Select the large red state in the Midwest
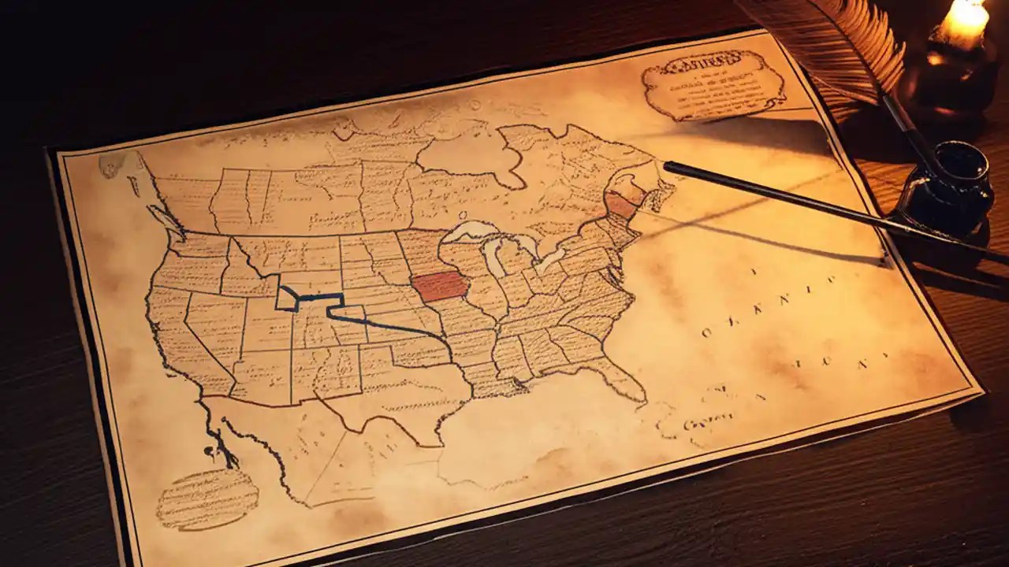point(439,287)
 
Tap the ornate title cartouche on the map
point(713,83)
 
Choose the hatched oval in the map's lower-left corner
point(207,498)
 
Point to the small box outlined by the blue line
point(287,298)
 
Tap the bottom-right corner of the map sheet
point(981,389)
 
